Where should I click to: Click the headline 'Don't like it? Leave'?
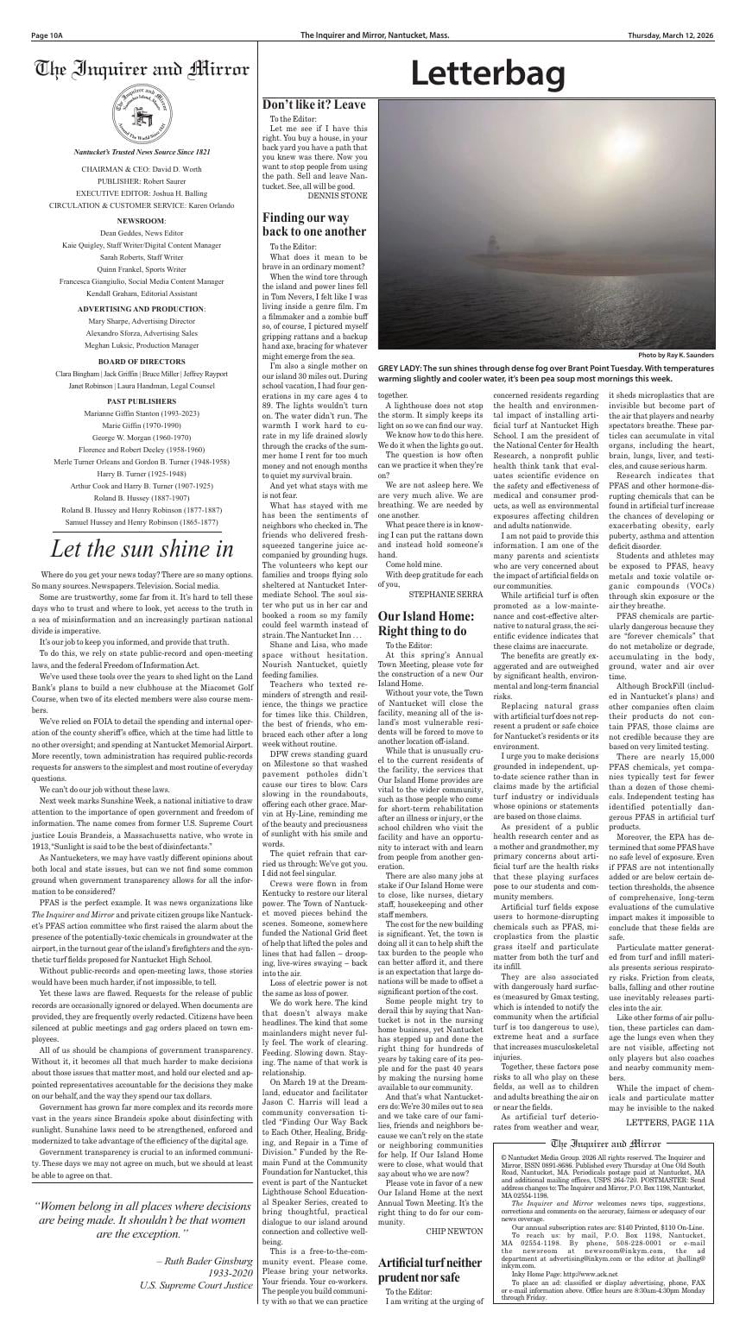313,104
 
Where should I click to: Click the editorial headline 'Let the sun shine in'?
141,548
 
